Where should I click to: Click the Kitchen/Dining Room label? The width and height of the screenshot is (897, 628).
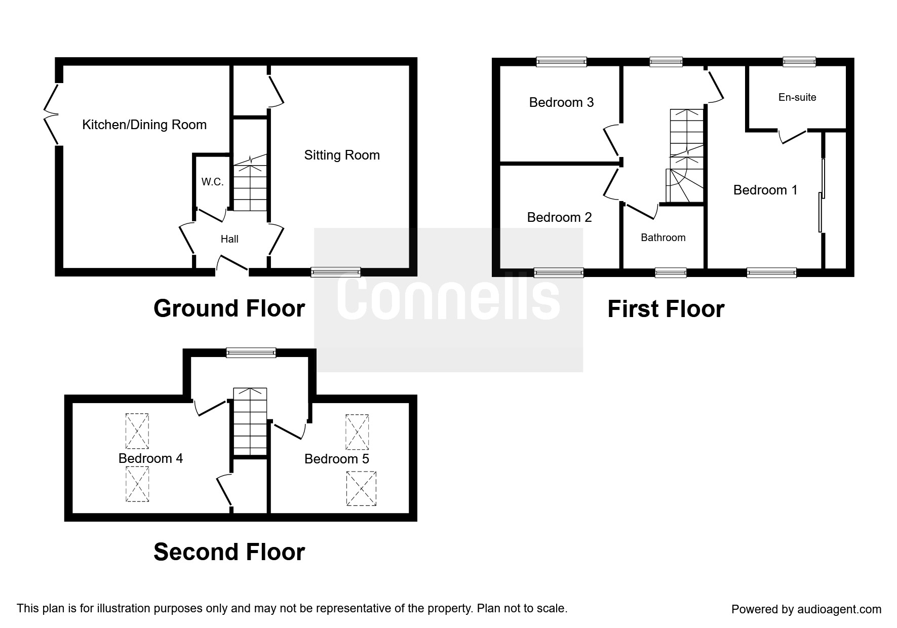pos(144,125)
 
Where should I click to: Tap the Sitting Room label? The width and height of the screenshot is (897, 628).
pos(342,155)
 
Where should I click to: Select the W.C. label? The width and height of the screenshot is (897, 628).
pos(212,182)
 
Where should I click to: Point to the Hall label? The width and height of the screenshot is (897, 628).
pos(229,239)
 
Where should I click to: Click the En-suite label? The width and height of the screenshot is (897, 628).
pos(797,97)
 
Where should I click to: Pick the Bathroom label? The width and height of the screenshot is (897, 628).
pos(663,238)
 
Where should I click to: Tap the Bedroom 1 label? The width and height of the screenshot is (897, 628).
pos(765,190)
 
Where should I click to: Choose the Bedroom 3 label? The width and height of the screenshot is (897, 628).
pos(561,102)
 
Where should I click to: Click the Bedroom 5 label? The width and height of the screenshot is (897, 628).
pos(337,459)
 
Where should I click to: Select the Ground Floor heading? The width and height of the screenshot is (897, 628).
pos(229,308)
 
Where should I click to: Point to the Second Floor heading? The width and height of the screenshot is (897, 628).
pos(229,552)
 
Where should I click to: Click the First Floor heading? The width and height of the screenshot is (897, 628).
pos(666,309)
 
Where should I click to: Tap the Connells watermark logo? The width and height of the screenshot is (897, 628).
pos(449,300)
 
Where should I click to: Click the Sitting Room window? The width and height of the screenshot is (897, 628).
pos(336,272)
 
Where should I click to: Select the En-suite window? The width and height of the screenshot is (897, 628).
pos(799,62)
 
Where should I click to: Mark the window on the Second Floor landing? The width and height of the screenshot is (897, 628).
pos(251,353)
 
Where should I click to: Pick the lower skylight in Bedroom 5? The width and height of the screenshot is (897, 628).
pos(361,489)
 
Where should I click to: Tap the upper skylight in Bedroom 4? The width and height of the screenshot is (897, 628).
pos(137,431)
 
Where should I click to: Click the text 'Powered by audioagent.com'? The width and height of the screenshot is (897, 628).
pos(806,609)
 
